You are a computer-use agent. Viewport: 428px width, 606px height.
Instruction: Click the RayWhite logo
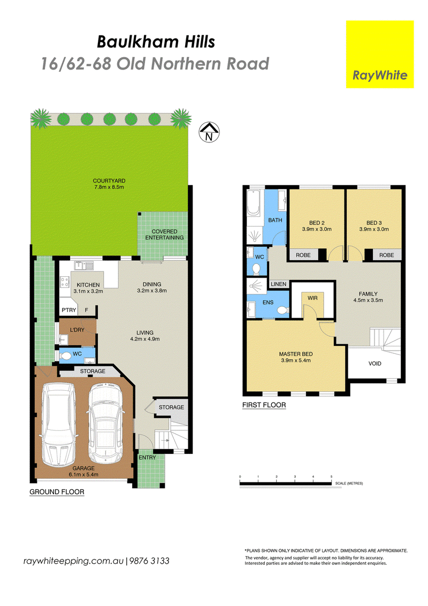380,54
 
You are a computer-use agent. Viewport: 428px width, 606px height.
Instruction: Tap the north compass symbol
209,132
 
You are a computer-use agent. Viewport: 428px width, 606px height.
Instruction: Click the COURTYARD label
109,180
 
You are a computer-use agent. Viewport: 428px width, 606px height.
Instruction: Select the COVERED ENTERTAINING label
165,234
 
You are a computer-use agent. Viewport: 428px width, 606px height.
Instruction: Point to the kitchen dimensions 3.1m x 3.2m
88,291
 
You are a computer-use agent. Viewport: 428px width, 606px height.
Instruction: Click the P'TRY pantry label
69,310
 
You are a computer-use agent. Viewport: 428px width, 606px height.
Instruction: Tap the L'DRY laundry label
77,330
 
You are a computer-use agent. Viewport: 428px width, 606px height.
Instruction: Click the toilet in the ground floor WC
66,355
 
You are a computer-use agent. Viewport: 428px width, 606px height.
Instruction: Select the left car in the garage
58,425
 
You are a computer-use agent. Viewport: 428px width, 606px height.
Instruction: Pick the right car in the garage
105,423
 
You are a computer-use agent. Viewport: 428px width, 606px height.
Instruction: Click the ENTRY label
147,458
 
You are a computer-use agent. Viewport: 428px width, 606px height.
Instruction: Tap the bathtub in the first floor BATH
254,202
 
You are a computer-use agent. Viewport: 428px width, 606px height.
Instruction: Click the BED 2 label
317,223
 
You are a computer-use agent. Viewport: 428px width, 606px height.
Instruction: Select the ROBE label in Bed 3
387,255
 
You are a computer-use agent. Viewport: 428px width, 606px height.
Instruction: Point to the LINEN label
279,284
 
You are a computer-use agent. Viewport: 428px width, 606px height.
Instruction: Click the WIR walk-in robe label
312,298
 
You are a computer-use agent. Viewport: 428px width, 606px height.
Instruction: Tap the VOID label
374,363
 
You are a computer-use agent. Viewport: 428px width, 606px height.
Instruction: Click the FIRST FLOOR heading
264,405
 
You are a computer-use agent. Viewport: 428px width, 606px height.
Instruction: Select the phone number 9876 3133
149,561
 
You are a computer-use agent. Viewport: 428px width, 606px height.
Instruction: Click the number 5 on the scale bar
331,477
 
